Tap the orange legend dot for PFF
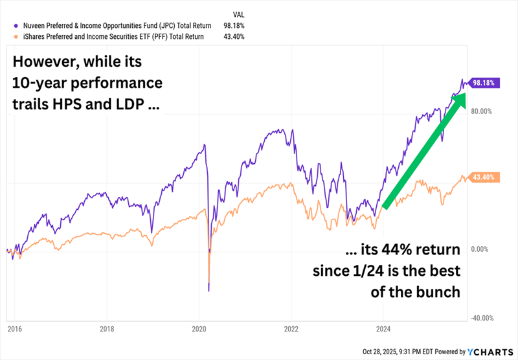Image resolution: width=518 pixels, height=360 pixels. point(6,37)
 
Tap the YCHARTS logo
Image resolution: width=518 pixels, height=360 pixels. point(490,352)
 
